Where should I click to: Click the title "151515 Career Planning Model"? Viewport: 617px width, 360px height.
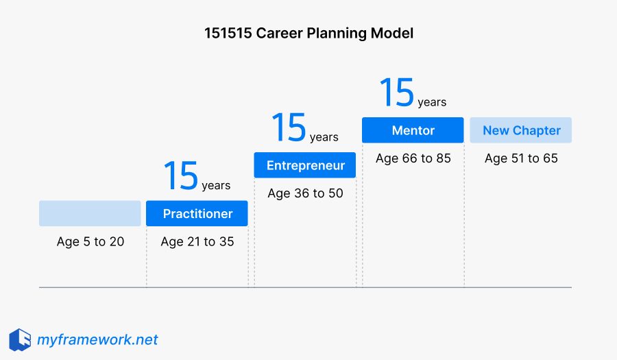click(308, 33)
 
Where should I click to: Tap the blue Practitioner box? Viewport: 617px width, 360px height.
click(197, 214)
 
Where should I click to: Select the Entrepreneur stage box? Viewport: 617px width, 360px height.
click(305, 165)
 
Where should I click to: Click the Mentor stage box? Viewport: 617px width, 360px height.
click(413, 130)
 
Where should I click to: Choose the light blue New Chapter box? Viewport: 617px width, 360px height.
click(521, 130)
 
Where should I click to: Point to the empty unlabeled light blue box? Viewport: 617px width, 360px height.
click(90, 213)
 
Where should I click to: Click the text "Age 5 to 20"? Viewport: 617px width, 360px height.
click(90, 241)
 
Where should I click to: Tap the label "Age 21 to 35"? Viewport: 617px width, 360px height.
click(197, 241)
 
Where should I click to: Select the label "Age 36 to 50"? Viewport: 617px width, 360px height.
click(305, 193)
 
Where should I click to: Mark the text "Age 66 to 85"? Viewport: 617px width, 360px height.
click(413, 158)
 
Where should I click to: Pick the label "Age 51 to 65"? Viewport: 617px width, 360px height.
click(521, 158)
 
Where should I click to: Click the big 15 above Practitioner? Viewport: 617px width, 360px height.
click(181, 176)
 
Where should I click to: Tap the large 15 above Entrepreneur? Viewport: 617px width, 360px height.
click(289, 128)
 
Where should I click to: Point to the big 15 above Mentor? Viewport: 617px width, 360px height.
click(397, 93)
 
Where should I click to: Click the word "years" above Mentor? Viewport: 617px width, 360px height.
click(432, 102)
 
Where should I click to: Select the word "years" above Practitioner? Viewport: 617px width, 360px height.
click(216, 186)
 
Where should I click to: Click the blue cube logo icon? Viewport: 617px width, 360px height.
click(20, 339)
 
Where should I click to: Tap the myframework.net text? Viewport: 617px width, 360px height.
click(97, 339)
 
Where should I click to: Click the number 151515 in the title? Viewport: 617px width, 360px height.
click(228, 33)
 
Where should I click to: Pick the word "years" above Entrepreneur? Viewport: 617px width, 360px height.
click(324, 137)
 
